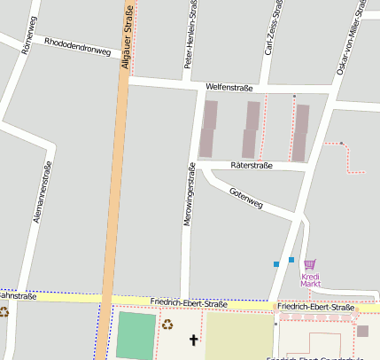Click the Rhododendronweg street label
(77, 46)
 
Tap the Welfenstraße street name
(229, 88)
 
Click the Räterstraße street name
(252, 165)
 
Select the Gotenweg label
(246, 198)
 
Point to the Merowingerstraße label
(188, 194)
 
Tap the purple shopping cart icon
(309, 264)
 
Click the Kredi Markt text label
(310, 280)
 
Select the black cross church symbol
(194, 340)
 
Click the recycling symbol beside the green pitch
(167, 325)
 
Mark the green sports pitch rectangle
(136, 335)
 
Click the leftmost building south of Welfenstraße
(208, 129)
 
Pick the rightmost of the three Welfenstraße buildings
(301, 132)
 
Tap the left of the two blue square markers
(276, 264)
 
